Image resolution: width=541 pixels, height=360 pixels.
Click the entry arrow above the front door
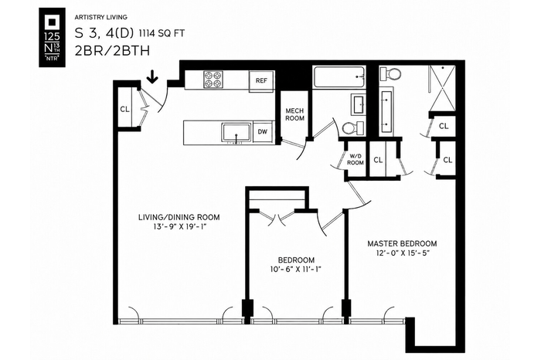pos(152,76)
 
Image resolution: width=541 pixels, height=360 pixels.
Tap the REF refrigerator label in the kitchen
pos(261,80)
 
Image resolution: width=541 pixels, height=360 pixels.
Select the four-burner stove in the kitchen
pos(213,80)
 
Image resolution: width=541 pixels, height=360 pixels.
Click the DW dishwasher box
pos(263,131)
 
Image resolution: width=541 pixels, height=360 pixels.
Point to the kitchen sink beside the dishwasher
pos(236,132)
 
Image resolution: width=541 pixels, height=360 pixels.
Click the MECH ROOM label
pos(294,114)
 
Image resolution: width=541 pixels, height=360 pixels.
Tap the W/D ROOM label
pos(356,159)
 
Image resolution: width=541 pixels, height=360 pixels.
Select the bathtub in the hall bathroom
pos(339,77)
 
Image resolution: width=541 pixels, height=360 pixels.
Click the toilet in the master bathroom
pos(390,73)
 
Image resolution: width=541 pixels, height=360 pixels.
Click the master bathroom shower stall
pos(442,88)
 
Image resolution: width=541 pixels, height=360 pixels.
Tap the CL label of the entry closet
pos(124,109)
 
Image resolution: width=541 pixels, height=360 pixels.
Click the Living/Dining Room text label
pos(179,217)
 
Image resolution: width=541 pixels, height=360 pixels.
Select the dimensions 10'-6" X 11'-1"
pos(296,270)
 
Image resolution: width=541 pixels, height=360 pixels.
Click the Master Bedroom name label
pos(402,244)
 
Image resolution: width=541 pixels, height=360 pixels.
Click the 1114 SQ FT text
pos(162,33)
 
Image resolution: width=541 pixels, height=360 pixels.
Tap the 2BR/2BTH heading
pos(113,51)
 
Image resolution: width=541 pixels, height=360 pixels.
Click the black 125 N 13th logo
pos(52,37)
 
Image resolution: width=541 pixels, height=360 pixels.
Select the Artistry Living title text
pos(100,17)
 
